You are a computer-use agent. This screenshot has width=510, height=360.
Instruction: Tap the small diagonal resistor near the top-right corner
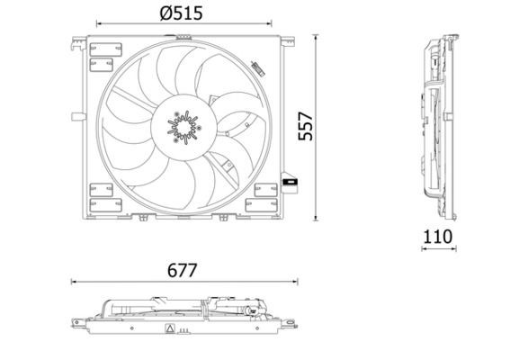[x=257, y=67]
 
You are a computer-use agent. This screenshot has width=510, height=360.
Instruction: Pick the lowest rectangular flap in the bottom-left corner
[x=98, y=204]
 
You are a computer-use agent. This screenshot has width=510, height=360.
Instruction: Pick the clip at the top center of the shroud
[x=184, y=37]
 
